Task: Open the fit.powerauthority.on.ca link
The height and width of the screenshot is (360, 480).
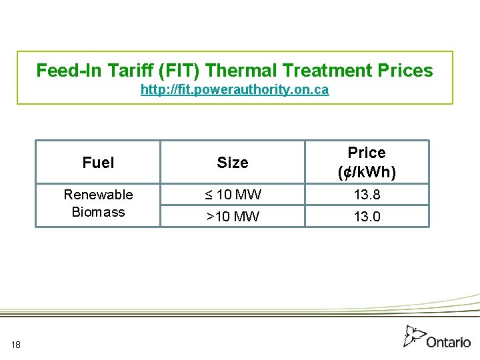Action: (x=235, y=89)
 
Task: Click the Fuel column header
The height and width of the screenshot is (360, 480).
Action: (x=98, y=162)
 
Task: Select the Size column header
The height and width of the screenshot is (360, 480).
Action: (x=233, y=163)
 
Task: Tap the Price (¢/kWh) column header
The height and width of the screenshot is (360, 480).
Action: (x=367, y=163)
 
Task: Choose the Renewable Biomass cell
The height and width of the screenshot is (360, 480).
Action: (x=98, y=203)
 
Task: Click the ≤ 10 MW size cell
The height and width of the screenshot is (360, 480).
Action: (x=233, y=195)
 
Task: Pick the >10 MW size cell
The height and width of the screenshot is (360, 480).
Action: (x=233, y=216)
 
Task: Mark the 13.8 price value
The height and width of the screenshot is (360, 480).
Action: (x=367, y=195)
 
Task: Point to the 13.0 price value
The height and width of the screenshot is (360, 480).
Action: (x=367, y=216)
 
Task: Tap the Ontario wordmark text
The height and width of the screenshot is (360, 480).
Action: (x=448, y=342)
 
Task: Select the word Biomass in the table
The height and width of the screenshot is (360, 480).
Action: (x=98, y=212)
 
